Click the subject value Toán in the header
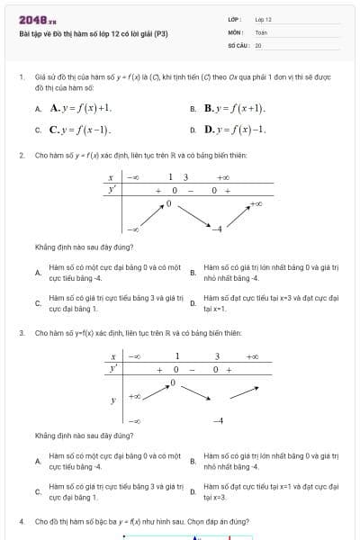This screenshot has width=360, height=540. tap(261, 31)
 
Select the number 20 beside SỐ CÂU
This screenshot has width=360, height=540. tap(258, 44)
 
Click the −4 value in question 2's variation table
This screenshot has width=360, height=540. tap(216, 229)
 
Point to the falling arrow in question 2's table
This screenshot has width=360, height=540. tap(192, 217)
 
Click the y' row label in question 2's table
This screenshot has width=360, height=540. tap(112, 191)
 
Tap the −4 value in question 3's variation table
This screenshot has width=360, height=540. tap(217, 420)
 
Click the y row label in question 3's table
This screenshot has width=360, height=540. tap(112, 400)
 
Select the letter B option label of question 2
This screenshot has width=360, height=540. tap(193, 273)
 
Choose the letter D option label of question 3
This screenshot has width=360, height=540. tap(193, 491)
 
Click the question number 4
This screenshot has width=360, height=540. tap(21, 521)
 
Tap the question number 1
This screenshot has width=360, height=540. tap(21, 77)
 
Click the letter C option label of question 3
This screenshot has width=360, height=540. tap(37, 491)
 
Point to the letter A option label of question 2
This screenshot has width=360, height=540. tap(37, 273)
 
